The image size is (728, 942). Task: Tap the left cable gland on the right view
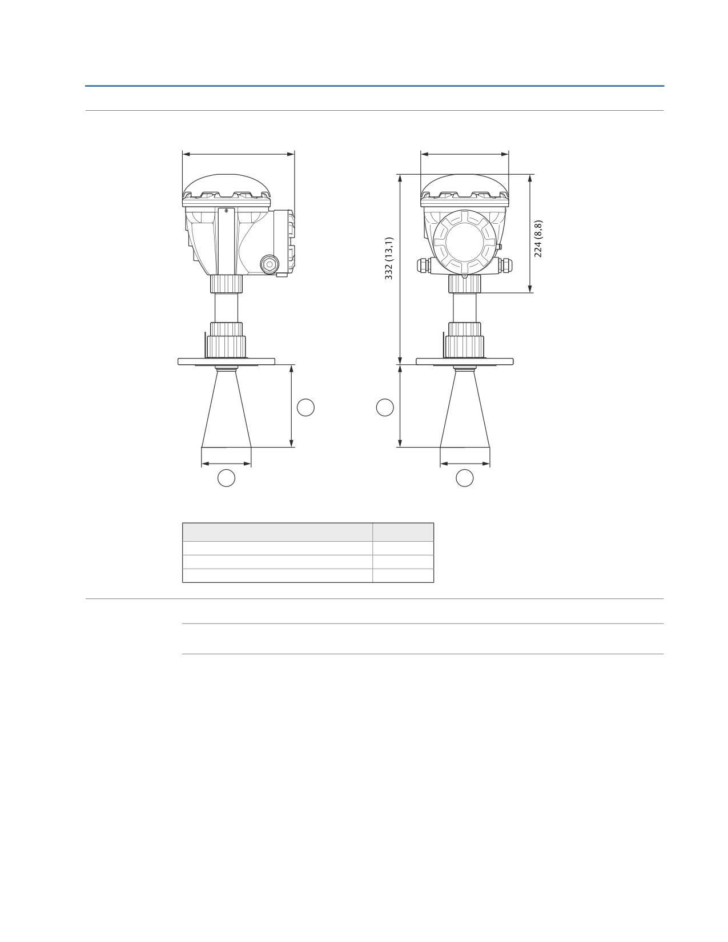[x=424, y=265]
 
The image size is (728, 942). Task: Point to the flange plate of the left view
[x=226, y=361]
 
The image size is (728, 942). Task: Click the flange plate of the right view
[x=464, y=361]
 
